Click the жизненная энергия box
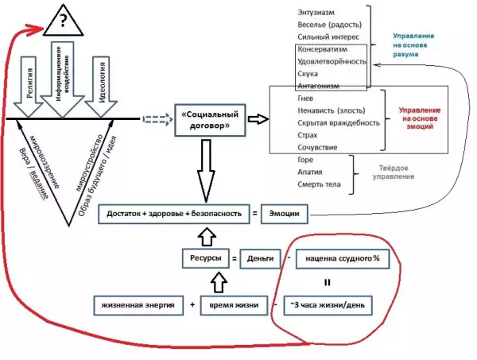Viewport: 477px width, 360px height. click(x=138, y=304)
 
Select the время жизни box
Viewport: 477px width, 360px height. click(x=231, y=304)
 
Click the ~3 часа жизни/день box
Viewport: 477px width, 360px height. click(x=326, y=304)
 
